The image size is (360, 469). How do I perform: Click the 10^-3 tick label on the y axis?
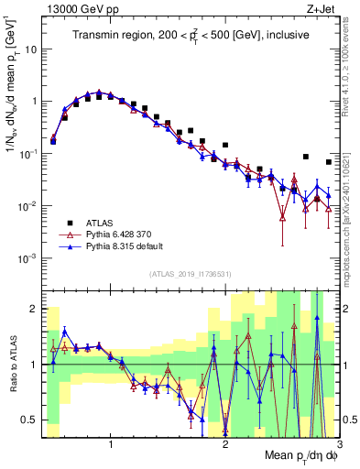(x=27, y=258)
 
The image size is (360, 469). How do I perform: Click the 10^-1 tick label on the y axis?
(x=27, y=153)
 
